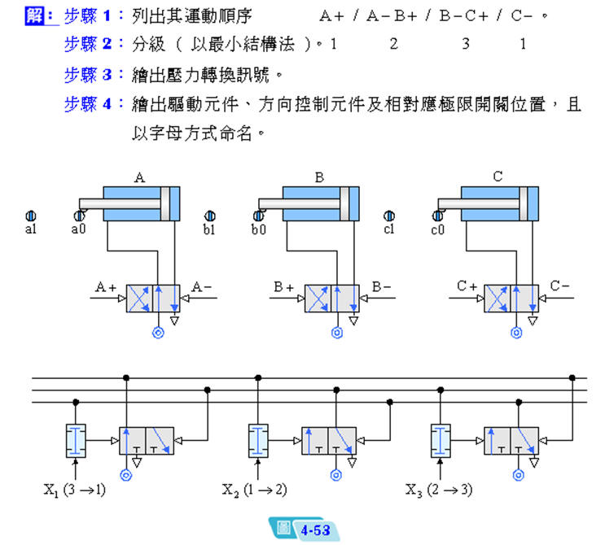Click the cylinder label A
click(140, 176)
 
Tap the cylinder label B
click(319, 176)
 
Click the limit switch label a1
click(31, 230)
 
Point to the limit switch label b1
click(209, 230)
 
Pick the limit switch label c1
click(388, 230)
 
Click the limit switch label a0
click(78, 230)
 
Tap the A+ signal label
click(106, 286)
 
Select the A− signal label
click(202, 286)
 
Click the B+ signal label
click(284, 286)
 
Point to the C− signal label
click(560, 286)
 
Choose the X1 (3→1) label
click(74, 490)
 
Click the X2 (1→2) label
click(255, 490)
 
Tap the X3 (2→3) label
click(438, 490)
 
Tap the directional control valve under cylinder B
click(331, 299)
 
